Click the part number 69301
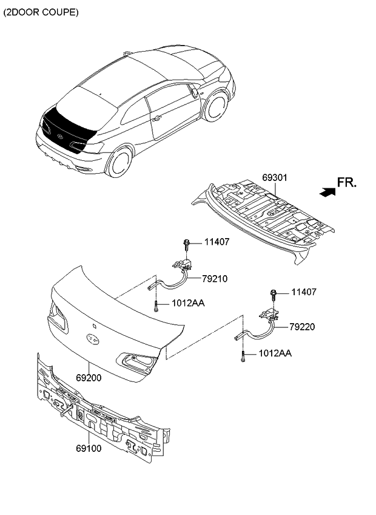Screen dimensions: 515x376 [274, 178]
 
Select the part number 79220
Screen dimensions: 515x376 [303, 327]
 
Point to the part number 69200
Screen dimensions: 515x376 [89, 377]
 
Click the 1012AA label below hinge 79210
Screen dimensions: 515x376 [188, 302]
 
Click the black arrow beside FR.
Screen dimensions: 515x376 [327, 191]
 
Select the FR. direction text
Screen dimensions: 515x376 [347, 182]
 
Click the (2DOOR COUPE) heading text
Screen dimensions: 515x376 [41, 12]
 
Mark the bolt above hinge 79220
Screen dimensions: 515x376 [274, 295]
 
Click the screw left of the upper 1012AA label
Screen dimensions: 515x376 [156, 305]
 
